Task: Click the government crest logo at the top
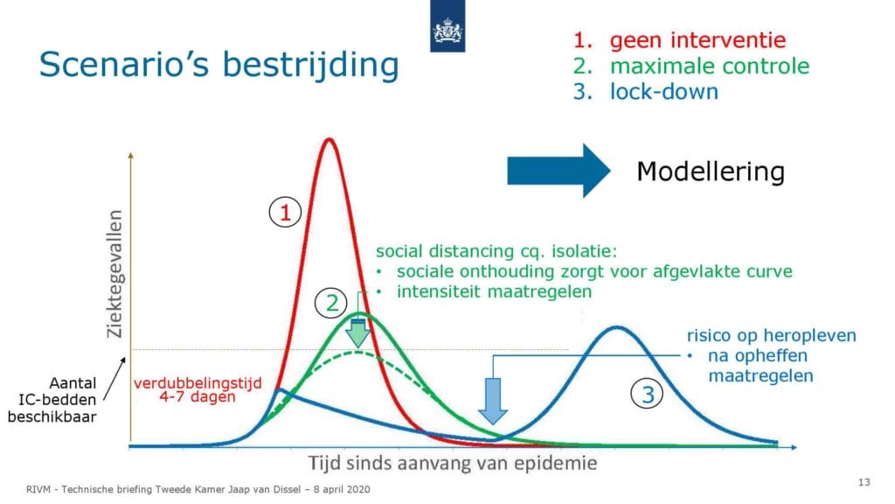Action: [x=447, y=26]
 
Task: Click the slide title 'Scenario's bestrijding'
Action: [x=219, y=64]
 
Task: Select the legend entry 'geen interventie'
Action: [x=697, y=40]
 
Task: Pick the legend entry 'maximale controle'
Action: [x=710, y=66]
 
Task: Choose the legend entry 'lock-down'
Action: [x=664, y=91]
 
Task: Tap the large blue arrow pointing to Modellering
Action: [x=559, y=171]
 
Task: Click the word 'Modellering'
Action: [x=711, y=171]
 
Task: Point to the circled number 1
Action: [x=285, y=213]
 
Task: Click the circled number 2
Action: [x=331, y=303]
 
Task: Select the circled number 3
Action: [x=648, y=395]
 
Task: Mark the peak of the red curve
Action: [x=329, y=139]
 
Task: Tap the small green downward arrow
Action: [x=357, y=334]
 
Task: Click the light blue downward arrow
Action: [x=492, y=401]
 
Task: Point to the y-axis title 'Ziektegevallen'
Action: [x=114, y=274]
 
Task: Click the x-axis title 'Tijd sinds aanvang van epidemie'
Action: [x=453, y=462]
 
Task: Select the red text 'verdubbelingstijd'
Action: [x=198, y=382]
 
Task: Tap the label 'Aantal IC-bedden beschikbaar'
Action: [x=52, y=400]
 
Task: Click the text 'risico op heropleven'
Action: [x=771, y=335]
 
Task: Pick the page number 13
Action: [x=864, y=482]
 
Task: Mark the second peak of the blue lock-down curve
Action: [x=616, y=327]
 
